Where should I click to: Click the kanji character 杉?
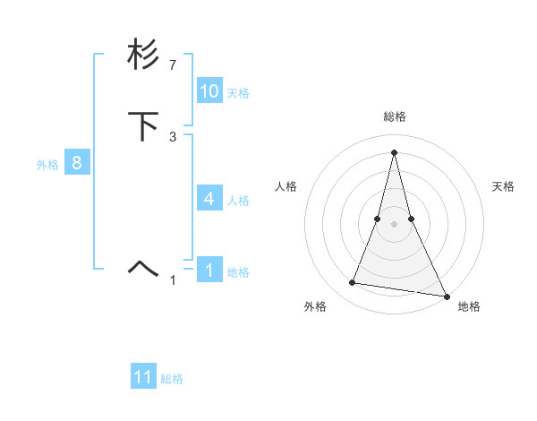[x=144, y=56]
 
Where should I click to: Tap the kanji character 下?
[x=144, y=126]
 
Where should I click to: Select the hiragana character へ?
[x=144, y=266]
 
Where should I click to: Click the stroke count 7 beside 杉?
[x=173, y=65]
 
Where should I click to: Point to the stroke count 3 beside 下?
[x=173, y=136]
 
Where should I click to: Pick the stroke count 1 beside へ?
[x=173, y=280]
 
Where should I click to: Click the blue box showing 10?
[x=209, y=91]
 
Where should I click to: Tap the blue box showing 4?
[x=209, y=198]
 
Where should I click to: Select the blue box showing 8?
[x=77, y=163]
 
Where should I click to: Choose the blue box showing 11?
[x=143, y=377]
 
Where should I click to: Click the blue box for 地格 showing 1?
[x=209, y=271]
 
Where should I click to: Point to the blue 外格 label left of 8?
[x=47, y=165]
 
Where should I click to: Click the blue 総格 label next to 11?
[x=172, y=379]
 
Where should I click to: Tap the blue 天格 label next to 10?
[x=238, y=93]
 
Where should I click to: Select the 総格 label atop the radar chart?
[x=395, y=116]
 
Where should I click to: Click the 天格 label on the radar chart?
[x=504, y=186]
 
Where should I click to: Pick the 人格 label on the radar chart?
[x=286, y=186]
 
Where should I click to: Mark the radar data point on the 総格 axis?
[x=395, y=151]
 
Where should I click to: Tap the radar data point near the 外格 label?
[x=353, y=283]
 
